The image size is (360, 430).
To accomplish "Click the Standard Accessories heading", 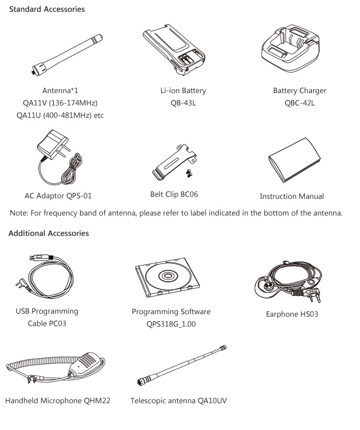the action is tap(47, 9).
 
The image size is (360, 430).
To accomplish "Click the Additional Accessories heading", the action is tap(49, 233).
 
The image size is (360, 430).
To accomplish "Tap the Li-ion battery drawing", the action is tap(174, 50).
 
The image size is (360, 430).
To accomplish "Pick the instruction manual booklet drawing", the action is tap(294, 159).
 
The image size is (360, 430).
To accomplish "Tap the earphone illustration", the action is tap(288, 282).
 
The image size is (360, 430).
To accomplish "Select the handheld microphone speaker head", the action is tap(86, 363).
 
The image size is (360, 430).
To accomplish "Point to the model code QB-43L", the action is tap(183, 103).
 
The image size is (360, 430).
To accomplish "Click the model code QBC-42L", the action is tap(300, 103).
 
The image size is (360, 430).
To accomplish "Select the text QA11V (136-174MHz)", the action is tap(60, 103).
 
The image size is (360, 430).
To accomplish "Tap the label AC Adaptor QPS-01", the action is tap(58, 196).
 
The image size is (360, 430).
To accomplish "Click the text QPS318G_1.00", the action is tap(171, 324).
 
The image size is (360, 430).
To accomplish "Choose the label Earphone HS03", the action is tap(292, 314).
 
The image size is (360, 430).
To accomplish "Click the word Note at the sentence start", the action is tap(19, 213).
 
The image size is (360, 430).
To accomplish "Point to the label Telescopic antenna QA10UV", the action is tap(179, 401).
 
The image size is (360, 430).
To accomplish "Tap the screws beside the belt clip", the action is tap(189, 173).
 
